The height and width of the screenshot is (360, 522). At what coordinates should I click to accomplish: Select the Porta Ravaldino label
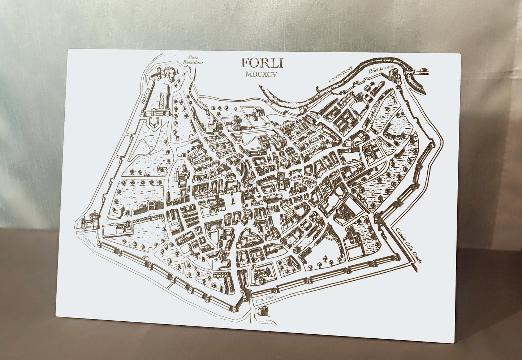pyautogui.click(x=193, y=60)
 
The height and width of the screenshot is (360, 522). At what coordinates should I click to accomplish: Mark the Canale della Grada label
pyautogui.click(x=408, y=246)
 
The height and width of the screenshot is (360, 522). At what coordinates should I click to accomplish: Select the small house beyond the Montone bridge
pyautogui.click(x=424, y=71)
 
